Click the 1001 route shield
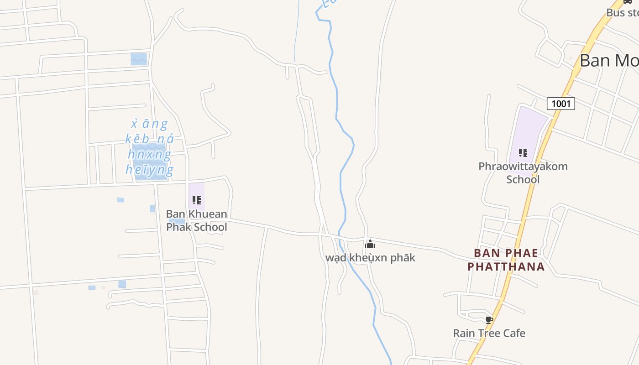point(560,104)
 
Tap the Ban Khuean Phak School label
point(196,220)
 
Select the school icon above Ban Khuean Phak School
point(197,200)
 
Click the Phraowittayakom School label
point(523,172)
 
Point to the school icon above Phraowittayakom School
point(523,152)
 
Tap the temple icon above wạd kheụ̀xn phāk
point(370,245)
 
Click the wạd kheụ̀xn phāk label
point(370,258)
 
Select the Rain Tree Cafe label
point(489,333)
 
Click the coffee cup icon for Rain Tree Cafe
point(489,319)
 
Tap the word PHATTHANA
point(506,266)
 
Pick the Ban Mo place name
point(609,60)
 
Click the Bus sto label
point(622,13)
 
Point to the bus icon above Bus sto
point(628,2)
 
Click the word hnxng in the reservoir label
point(149,154)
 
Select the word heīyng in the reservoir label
point(149,170)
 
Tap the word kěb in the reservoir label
point(137,139)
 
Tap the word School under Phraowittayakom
point(523,179)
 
